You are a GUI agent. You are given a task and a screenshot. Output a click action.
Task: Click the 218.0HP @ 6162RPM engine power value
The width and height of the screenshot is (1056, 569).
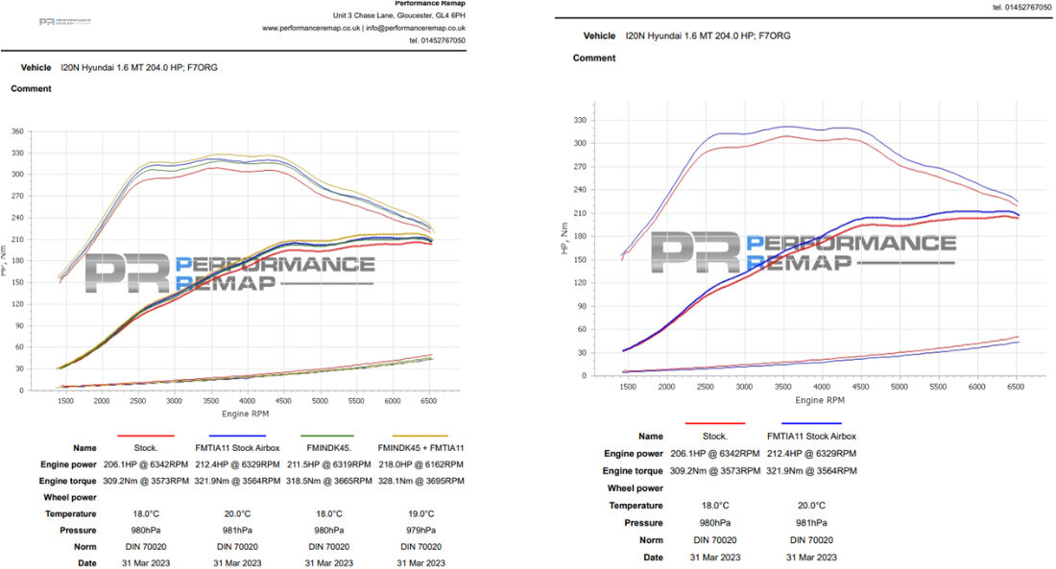coord(420,463)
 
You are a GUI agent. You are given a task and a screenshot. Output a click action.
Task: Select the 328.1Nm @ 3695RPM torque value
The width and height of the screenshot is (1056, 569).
coord(420,481)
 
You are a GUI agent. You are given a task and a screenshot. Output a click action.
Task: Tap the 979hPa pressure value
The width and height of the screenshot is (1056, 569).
coord(420,530)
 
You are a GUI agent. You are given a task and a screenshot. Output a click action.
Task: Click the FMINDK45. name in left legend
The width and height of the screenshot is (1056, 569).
coord(328,447)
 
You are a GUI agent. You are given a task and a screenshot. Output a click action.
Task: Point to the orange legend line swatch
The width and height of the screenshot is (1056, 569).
coord(420,437)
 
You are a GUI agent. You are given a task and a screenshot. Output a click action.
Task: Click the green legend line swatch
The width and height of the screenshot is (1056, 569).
coord(328,437)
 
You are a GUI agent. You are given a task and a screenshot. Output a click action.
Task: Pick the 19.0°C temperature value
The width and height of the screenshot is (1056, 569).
coord(420,513)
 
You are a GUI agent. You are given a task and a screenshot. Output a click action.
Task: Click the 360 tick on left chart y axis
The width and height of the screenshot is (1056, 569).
coord(17,130)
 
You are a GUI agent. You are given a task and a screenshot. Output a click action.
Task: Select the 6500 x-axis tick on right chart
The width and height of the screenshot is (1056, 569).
coord(1016,386)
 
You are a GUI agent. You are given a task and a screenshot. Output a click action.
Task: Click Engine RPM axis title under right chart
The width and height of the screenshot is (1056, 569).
coord(822,399)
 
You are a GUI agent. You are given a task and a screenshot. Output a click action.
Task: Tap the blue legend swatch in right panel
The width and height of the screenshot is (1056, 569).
coord(811,422)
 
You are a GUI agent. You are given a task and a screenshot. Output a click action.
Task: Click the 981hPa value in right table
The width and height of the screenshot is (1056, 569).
coord(811,522)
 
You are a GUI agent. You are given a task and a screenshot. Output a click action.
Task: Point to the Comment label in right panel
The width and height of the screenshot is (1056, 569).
coord(594,59)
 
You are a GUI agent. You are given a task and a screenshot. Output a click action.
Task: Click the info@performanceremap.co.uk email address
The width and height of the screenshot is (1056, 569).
coord(417,28)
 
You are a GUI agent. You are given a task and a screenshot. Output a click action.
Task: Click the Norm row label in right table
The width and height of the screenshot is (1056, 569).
coord(651,539)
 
